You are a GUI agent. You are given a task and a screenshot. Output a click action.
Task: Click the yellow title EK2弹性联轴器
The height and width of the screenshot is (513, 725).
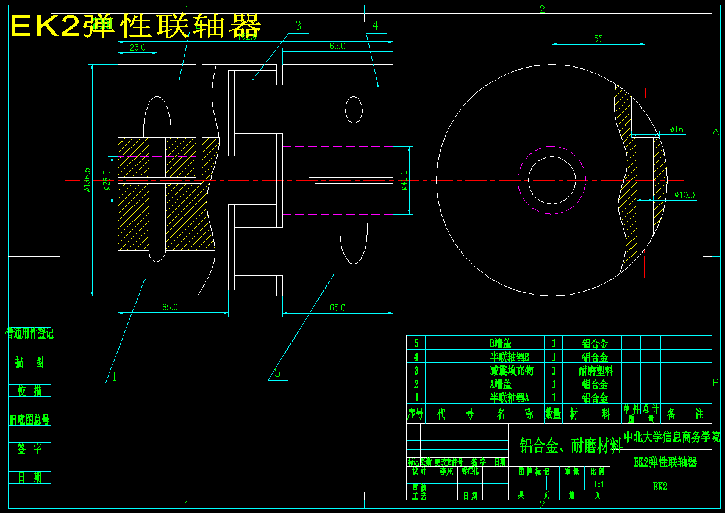(x=135, y=26)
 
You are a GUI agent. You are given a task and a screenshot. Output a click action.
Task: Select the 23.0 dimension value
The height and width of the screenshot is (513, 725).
(x=137, y=48)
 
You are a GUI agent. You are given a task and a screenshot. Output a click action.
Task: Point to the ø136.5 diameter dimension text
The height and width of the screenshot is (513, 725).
(x=88, y=180)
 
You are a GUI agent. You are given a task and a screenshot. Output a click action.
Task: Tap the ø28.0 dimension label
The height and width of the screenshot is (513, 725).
(x=107, y=180)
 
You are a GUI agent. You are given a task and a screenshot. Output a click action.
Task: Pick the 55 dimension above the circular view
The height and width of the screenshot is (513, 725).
(x=598, y=39)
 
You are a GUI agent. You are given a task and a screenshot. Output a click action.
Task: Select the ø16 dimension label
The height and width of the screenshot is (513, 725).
(x=676, y=129)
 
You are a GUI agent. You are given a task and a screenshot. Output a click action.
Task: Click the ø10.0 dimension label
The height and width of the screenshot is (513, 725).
(x=684, y=195)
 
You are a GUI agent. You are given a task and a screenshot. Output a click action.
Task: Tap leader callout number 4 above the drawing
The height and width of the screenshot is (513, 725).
(x=375, y=25)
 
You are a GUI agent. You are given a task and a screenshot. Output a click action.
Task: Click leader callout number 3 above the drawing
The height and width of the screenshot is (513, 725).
(x=298, y=25)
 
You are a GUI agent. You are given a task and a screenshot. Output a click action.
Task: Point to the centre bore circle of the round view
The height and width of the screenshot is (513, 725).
(x=552, y=180)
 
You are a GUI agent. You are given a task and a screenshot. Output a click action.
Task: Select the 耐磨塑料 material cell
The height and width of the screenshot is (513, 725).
(x=595, y=370)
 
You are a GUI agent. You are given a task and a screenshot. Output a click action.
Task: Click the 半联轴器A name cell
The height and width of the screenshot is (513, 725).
(x=515, y=398)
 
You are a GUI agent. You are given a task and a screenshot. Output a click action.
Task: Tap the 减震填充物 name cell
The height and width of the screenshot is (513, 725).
(x=512, y=370)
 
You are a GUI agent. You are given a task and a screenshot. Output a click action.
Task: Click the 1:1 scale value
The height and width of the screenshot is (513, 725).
(x=599, y=484)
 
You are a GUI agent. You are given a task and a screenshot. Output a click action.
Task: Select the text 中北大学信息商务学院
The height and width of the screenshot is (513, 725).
(x=671, y=437)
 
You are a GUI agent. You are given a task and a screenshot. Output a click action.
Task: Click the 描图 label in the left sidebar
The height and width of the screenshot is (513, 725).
(x=30, y=362)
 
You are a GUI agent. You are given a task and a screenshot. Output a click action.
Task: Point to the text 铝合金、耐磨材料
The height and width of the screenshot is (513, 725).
(x=570, y=447)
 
